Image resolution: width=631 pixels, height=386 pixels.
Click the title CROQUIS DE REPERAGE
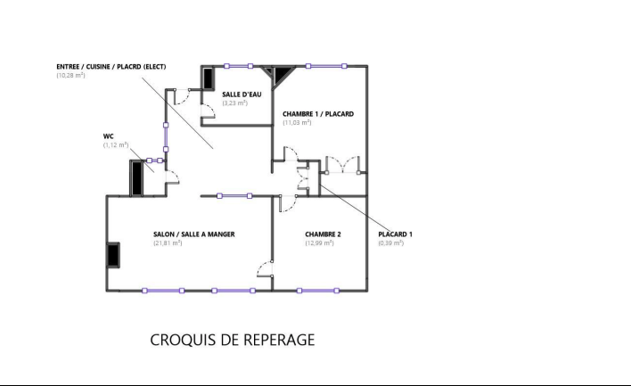click(233, 340)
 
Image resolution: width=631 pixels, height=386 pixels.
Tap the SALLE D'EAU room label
click(242, 94)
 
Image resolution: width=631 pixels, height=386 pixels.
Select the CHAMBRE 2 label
click(323, 234)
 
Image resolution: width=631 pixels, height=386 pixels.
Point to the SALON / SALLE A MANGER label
click(194, 234)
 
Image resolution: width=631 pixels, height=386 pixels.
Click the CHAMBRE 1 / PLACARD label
click(318, 114)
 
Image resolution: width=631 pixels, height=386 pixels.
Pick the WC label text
click(108, 136)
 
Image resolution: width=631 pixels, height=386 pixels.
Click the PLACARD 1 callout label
click(395, 234)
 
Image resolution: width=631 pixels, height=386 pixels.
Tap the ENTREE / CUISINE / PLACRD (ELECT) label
click(111, 67)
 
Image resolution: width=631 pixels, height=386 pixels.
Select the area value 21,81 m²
click(168, 243)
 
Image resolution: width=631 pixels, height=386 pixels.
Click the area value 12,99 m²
click(320, 243)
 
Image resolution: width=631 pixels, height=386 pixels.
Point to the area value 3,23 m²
click(235, 103)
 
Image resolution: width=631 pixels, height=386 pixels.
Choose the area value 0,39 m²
click(390, 243)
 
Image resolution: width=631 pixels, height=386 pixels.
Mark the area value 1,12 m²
click(116, 145)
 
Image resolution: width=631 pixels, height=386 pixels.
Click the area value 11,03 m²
click(297, 123)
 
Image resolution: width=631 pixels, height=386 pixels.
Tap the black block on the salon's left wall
click(113, 254)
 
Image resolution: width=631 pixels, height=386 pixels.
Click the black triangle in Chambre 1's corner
click(283, 74)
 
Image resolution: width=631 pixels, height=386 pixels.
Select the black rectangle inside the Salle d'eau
click(208, 78)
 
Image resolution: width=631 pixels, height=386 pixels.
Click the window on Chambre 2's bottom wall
click(318, 291)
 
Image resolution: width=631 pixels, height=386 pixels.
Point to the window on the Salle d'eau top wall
click(238, 66)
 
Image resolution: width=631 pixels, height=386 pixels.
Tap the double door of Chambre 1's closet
click(342, 165)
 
